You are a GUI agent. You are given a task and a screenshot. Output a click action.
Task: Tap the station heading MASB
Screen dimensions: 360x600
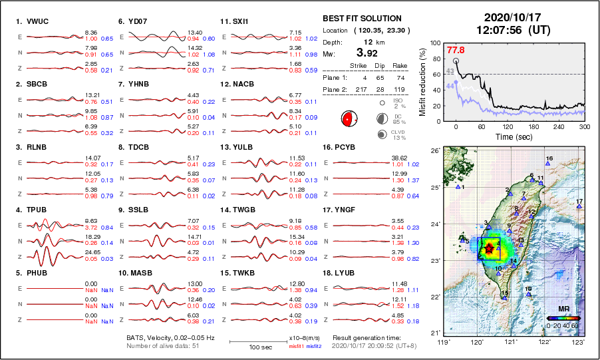[x=137, y=273]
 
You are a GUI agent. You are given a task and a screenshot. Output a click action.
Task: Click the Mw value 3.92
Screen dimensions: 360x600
[x=369, y=53]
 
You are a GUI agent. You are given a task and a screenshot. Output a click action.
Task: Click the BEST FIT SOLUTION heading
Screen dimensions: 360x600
[x=362, y=18]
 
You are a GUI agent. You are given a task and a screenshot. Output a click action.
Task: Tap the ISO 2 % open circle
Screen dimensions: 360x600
[x=383, y=103]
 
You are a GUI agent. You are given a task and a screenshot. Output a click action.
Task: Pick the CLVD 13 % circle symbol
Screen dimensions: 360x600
[x=383, y=134]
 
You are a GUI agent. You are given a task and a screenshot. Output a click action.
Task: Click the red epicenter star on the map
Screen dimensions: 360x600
[x=490, y=249]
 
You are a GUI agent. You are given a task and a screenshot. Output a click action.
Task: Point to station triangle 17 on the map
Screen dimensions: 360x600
[x=579, y=207]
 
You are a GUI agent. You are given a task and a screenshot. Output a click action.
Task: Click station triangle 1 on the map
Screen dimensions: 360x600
[x=458, y=187]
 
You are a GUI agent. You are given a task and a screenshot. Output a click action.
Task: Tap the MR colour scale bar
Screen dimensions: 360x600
[x=563, y=318]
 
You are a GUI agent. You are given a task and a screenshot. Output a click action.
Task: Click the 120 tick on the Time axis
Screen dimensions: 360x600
[x=508, y=126]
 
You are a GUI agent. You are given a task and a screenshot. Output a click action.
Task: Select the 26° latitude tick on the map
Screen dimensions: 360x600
[x=434, y=152]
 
